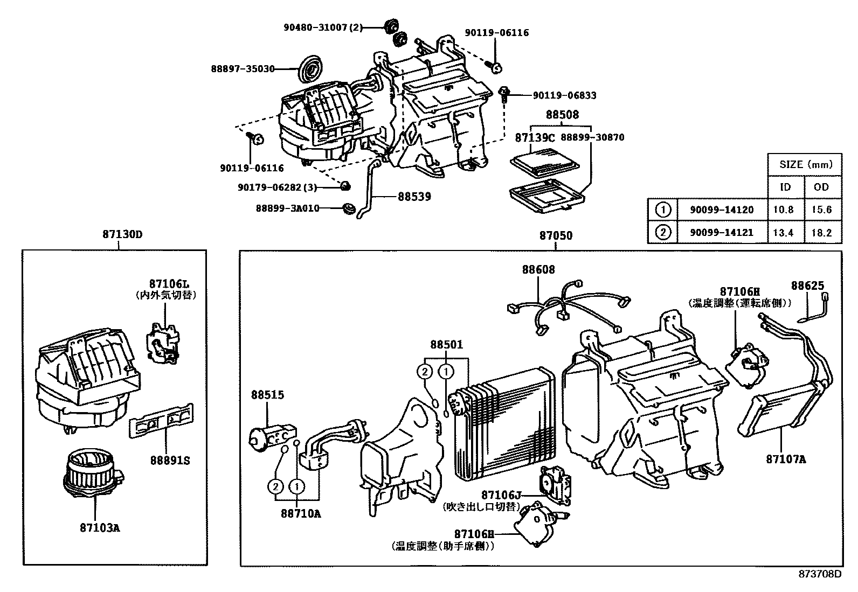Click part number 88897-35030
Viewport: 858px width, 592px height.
[243, 69]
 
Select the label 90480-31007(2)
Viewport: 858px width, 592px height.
[324, 27]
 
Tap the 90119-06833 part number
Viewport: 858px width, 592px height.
[564, 96]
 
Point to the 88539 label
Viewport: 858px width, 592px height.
[414, 197]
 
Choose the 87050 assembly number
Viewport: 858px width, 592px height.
[556, 236]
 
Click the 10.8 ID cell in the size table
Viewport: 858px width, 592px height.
[783, 210]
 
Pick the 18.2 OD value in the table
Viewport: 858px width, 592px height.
[821, 233]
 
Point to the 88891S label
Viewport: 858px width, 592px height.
[170, 461]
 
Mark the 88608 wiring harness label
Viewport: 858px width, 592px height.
[537, 269]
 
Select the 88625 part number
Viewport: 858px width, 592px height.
[807, 285]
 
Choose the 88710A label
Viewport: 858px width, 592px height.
[300, 513]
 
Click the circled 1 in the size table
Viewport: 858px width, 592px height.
[663, 210]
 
